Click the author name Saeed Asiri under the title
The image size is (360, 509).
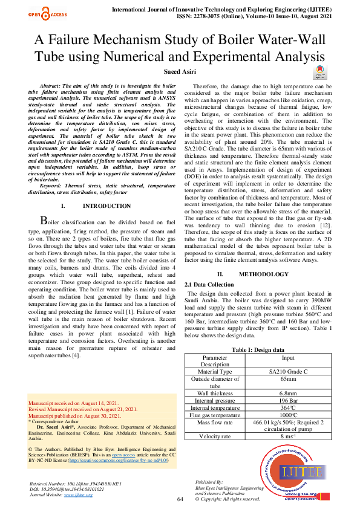coord(180,72)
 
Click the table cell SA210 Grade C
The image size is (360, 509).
coord(288,371)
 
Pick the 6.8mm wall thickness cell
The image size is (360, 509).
coord(288,392)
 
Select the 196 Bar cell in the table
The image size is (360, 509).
coord(288,400)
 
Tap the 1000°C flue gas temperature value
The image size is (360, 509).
coord(288,415)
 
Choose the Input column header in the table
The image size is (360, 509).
coord(288,357)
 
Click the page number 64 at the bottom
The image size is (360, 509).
coord(180,499)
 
